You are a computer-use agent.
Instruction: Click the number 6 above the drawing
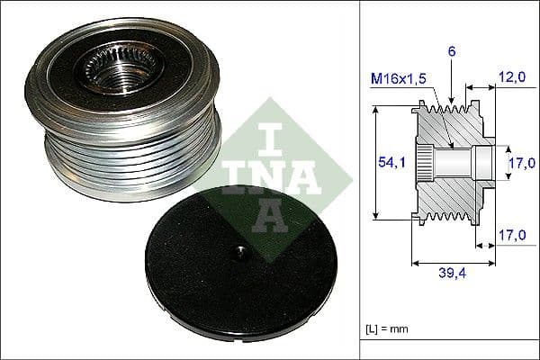pos(452,52)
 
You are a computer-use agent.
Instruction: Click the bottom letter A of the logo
pos(272,215)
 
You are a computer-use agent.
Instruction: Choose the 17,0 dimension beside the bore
pos(517,163)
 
